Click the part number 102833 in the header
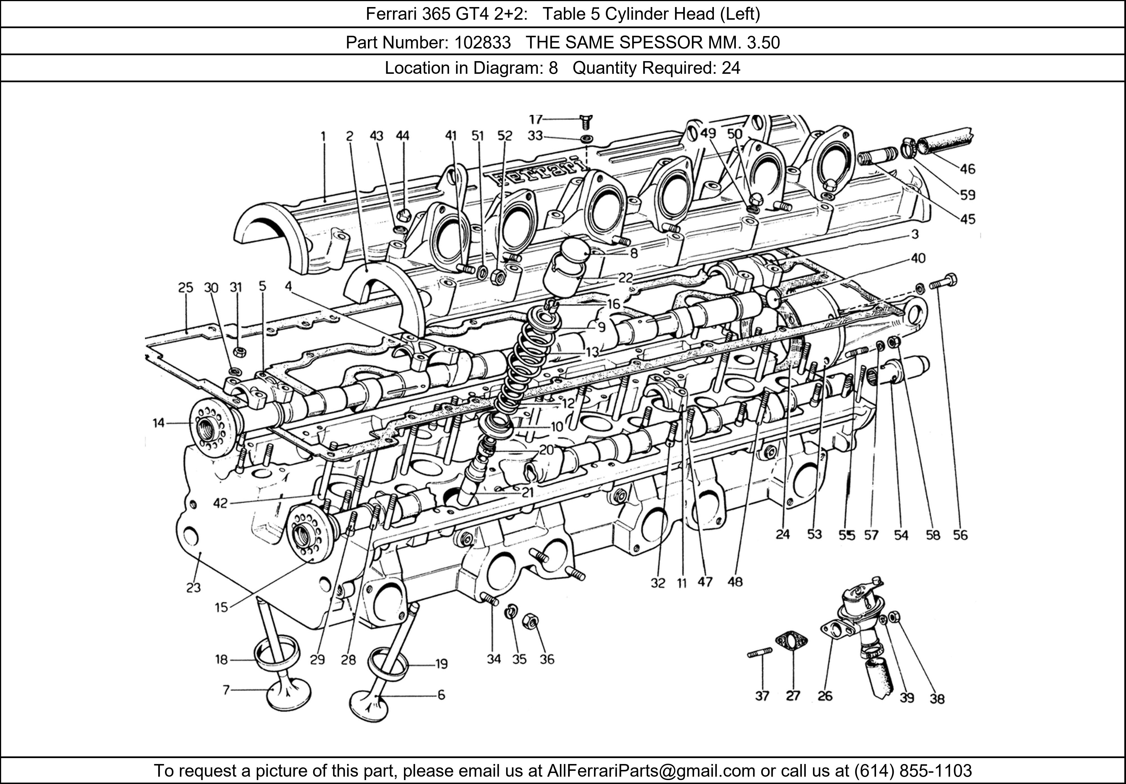pyautogui.click(x=482, y=43)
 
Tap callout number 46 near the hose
pyautogui.click(x=967, y=169)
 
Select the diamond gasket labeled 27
pyautogui.click(x=791, y=641)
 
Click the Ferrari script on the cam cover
pyautogui.click(x=537, y=170)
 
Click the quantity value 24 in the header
pyautogui.click(x=731, y=68)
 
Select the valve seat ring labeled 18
pyautogui.click(x=277, y=655)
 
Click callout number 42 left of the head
pyautogui.click(x=220, y=503)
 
